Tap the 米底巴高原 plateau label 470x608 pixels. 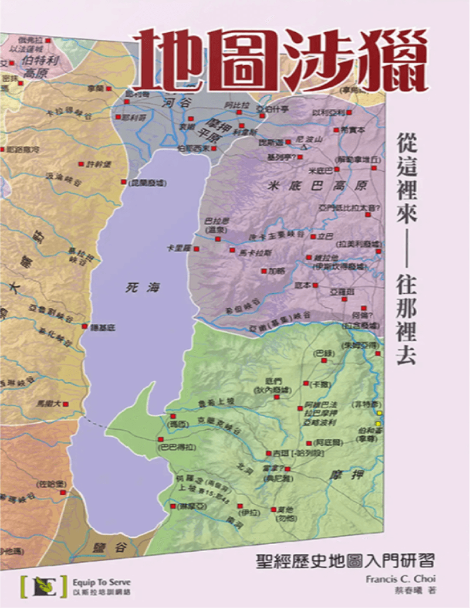pos(316,186)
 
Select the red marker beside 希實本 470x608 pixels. pos(336,130)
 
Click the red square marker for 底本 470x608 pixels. pos(316,286)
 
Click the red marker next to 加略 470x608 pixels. pos(263,271)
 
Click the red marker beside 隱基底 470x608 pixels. pos(85,326)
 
